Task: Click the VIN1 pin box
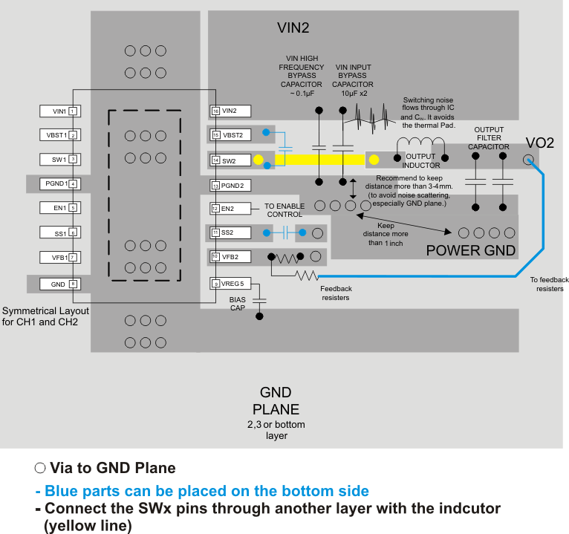[x=59, y=111]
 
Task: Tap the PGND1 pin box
[x=59, y=183]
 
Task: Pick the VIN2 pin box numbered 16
[x=230, y=111]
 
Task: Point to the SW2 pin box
[x=230, y=160]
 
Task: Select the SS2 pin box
[x=230, y=232]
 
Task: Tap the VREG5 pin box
[x=230, y=283]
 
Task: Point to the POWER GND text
[x=470, y=250]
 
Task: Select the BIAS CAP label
[x=238, y=303]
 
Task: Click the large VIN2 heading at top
[x=293, y=28]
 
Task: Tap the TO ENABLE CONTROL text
[x=284, y=209]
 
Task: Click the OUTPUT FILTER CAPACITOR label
[x=488, y=138]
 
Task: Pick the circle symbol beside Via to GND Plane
[x=40, y=468]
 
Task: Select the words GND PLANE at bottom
[x=275, y=401]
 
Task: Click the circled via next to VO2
[x=529, y=159]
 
